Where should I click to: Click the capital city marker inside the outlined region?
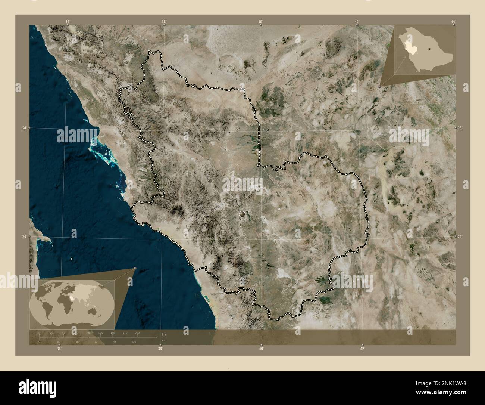click(x=243, y=214)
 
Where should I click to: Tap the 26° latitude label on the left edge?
click(x=24, y=128)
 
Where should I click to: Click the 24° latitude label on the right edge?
click(x=460, y=237)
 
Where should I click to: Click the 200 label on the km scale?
click(x=137, y=333)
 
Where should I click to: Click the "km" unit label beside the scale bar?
click(x=163, y=334)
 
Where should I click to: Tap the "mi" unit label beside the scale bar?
click(x=163, y=340)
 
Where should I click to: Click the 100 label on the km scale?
click(x=88, y=333)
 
